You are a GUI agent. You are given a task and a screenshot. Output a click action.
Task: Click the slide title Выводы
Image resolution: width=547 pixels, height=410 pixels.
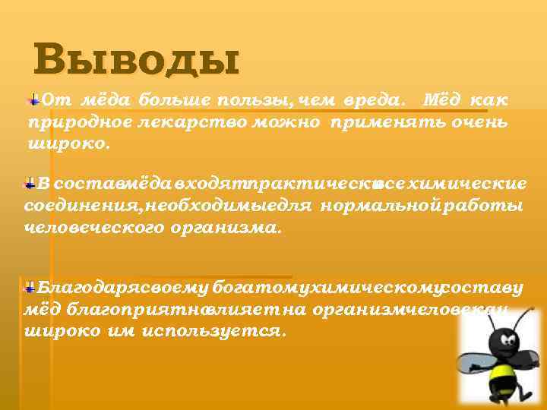point(137,60)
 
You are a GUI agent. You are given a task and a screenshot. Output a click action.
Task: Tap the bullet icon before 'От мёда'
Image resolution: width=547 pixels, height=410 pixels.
point(33,99)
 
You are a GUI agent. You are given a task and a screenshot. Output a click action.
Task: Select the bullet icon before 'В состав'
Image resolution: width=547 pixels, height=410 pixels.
point(30,183)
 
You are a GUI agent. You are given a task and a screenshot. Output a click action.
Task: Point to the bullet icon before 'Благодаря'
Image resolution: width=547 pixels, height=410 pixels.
point(30,287)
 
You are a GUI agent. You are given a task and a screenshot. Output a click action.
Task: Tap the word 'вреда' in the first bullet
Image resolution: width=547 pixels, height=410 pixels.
point(371,101)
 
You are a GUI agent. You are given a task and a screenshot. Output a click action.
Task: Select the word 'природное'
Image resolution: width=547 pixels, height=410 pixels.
point(68,123)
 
